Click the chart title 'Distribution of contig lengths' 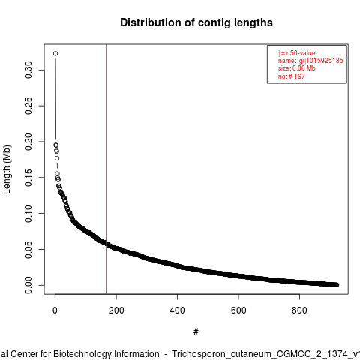click(x=196, y=22)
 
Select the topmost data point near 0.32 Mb click(x=55, y=53)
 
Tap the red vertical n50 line click(x=106, y=169)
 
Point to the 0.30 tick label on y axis click(x=28, y=70)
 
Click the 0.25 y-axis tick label click(x=28, y=106)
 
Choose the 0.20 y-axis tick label click(x=28, y=142)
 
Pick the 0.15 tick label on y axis click(x=28, y=178)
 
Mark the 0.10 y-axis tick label click(x=28, y=214)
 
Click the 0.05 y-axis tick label click(x=28, y=249)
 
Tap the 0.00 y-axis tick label click(x=28, y=285)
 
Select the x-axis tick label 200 click(x=116, y=310)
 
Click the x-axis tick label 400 click(x=177, y=310)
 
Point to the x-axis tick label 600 click(x=238, y=310)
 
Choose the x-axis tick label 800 click(x=299, y=310)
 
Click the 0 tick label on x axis click(x=55, y=310)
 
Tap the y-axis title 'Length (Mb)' click(x=7, y=169)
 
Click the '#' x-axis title click(x=196, y=332)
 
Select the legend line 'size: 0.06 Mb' click(x=297, y=68)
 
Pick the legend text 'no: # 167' click(x=292, y=76)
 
